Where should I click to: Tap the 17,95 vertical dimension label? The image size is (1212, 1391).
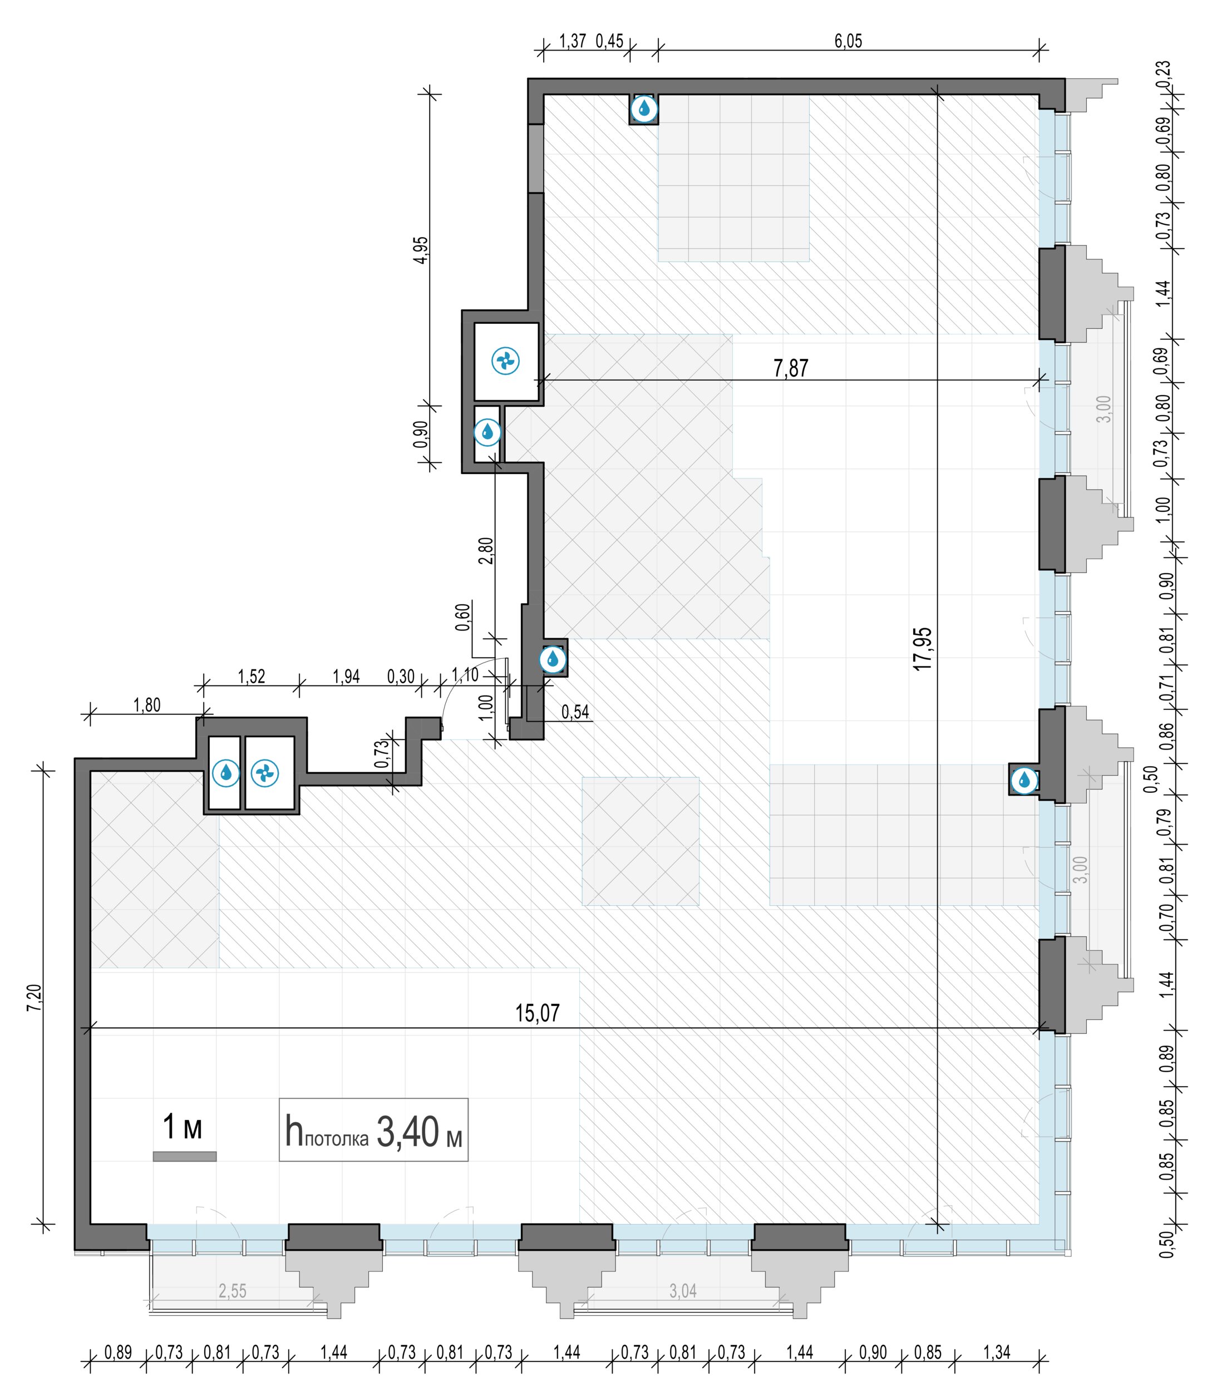(x=923, y=648)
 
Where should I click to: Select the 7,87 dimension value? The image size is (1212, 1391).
(x=791, y=368)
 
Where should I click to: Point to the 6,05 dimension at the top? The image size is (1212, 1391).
(x=848, y=41)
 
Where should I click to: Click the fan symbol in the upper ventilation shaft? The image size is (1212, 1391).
(x=505, y=361)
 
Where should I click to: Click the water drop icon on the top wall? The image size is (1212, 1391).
(x=644, y=107)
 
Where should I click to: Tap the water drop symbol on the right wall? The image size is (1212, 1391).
(x=1024, y=781)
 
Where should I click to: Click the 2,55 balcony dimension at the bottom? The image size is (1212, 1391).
(x=232, y=1291)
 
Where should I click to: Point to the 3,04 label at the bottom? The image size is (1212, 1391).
(x=683, y=1290)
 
